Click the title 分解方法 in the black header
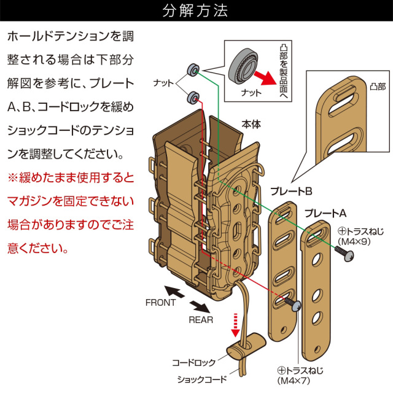pos(196,11)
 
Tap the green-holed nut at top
pos(193,70)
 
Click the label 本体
pos(250,123)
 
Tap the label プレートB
pos(292,190)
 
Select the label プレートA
pos(325,214)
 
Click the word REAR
pos(201,320)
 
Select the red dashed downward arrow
pos(235,324)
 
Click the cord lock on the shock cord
pos(241,352)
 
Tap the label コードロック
pos(193,363)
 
